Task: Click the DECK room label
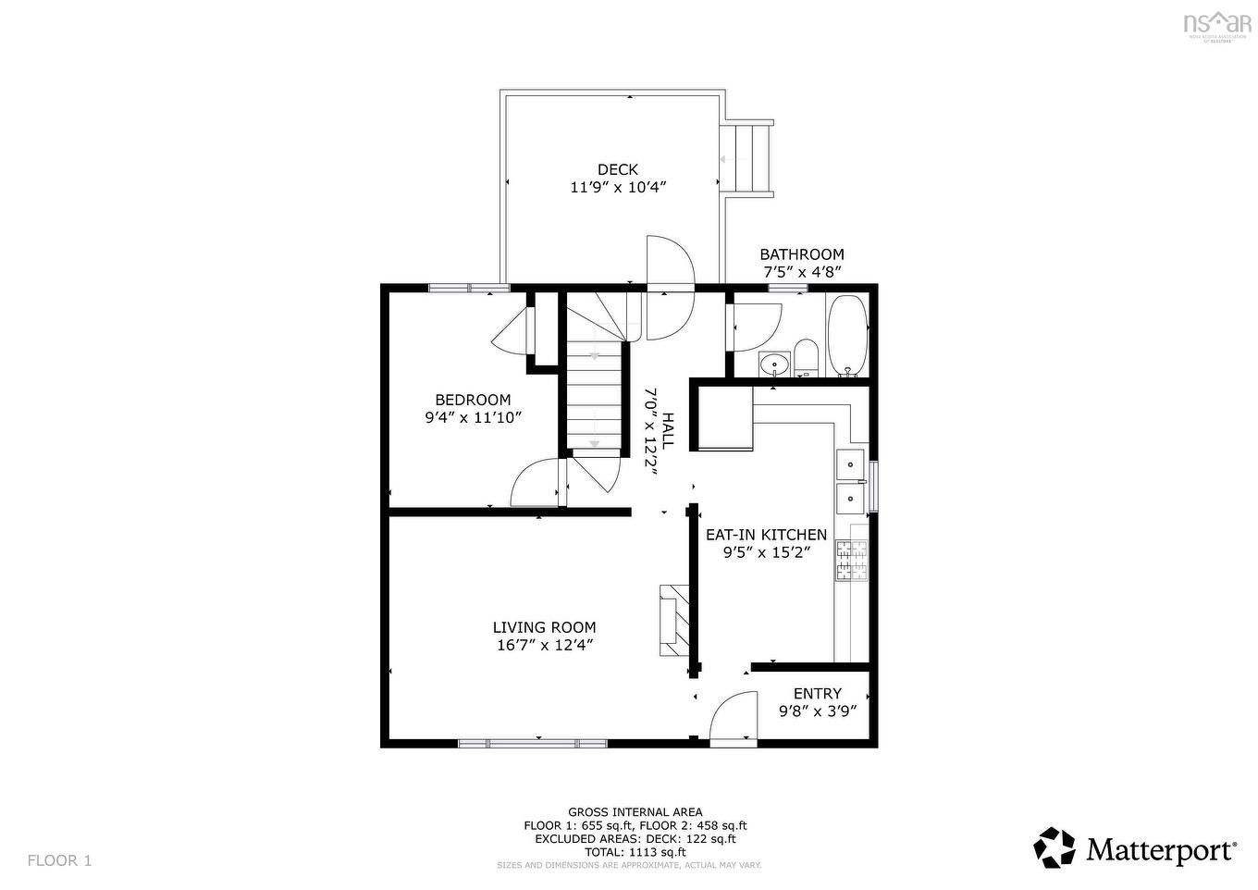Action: (617, 169)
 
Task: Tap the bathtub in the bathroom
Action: (846, 335)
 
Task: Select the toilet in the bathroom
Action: (806, 359)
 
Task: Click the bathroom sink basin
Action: (773, 365)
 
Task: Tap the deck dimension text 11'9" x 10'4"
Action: (618, 187)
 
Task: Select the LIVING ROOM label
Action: (544, 627)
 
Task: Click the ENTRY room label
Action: (818, 694)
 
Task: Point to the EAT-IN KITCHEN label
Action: (766, 535)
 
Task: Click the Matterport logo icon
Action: (1054, 847)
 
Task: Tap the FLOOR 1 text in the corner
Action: (60, 860)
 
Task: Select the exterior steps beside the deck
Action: (748, 158)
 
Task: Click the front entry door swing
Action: (734, 719)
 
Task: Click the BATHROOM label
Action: (802, 254)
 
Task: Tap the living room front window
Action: (533, 743)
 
